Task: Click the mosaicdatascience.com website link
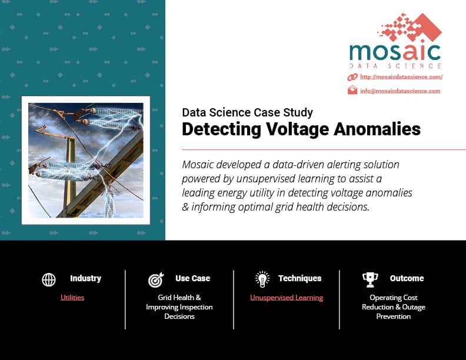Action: [401, 77]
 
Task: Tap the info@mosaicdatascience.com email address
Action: [400, 91]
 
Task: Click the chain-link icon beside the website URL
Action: [352, 77]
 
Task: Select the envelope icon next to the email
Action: [352, 90]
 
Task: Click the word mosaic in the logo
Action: [395, 52]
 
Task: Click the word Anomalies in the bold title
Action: [377, 129]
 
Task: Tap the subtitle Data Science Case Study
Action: [247, 112]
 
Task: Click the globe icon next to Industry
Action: [49, 279]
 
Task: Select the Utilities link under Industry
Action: [72, 297]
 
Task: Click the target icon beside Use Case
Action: [156, 280]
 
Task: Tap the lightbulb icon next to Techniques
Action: [262, 279]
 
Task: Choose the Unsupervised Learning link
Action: [287, 298]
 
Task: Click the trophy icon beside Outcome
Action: [370, 280]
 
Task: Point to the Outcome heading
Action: [407, 278]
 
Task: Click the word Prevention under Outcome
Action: [394, 316]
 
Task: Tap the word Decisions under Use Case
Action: [179, 316]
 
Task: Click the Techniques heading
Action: [300, 278]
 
